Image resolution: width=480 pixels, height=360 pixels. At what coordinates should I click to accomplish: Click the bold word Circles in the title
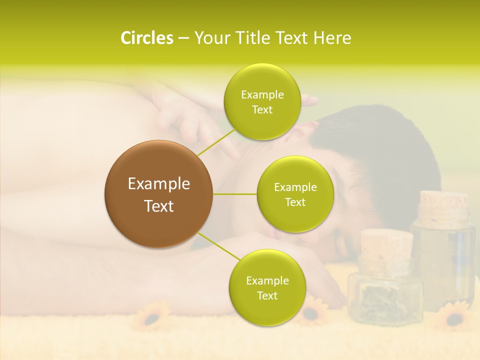coord(146,38)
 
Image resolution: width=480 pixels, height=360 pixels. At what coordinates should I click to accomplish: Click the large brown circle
coord(158,194)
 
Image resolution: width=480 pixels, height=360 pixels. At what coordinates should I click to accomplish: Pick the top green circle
coord(262,101)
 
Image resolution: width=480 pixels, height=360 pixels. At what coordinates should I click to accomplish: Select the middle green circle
coord(295,194)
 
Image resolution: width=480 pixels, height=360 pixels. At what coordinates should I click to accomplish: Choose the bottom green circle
coord(267,287)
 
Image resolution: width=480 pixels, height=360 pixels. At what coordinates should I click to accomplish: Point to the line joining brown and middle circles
coord(235,194)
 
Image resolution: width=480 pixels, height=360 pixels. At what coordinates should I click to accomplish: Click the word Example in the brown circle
coord(159,184)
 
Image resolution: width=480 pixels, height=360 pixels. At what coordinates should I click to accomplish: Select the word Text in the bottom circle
coord(267,295)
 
